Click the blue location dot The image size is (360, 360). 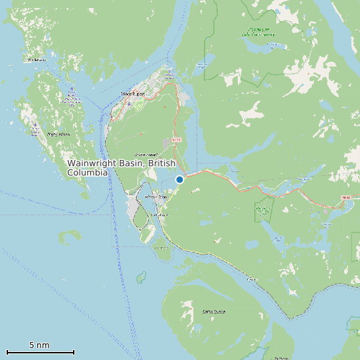179,179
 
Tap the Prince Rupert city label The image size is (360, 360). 134,95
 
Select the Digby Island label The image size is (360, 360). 58,134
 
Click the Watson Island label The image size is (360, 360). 155,197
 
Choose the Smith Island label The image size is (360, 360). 215,311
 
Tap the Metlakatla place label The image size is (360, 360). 36,60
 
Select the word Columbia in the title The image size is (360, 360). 88,172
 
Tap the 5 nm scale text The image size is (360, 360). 39,345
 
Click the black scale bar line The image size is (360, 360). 40,352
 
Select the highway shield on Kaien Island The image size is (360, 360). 176,140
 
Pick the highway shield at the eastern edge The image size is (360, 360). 345,197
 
